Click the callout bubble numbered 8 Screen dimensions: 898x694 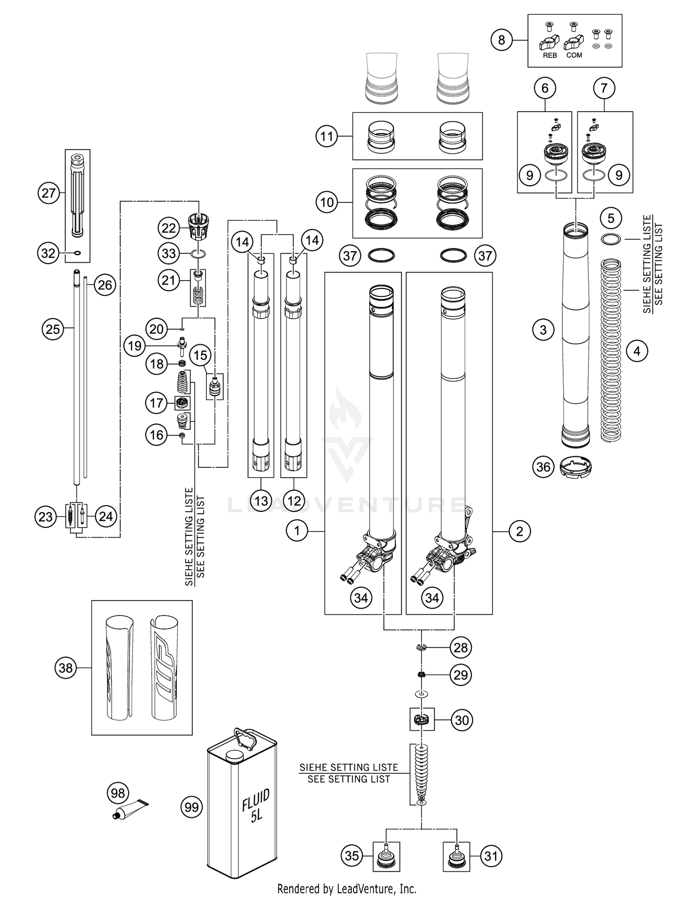click(x=502, y=40)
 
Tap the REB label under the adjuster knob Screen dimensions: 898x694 click(x=550, y=56)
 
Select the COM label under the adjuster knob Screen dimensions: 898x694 click(x=574, y=56)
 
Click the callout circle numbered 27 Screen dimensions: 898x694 click(x=49, y=193)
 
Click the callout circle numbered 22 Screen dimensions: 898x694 click(x=169, y=228)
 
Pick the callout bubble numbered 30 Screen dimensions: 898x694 click(x=462, y=720)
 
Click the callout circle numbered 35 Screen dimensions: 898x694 click(x=352, y=856)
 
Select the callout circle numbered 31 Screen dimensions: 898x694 click(x=490, y=856)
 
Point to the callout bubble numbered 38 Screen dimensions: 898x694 click(x=66, y=668)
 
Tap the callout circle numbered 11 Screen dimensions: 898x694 click(x=327, y=137)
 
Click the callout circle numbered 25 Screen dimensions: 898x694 click(x=53, y=329)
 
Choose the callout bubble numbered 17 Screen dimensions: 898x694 click(x=156, y=403)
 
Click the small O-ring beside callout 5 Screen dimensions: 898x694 click(x=611, y=239)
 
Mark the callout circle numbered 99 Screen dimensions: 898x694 click(x=192, y=808)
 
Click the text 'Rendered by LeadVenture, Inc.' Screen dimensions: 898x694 click(x=347, y=889)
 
